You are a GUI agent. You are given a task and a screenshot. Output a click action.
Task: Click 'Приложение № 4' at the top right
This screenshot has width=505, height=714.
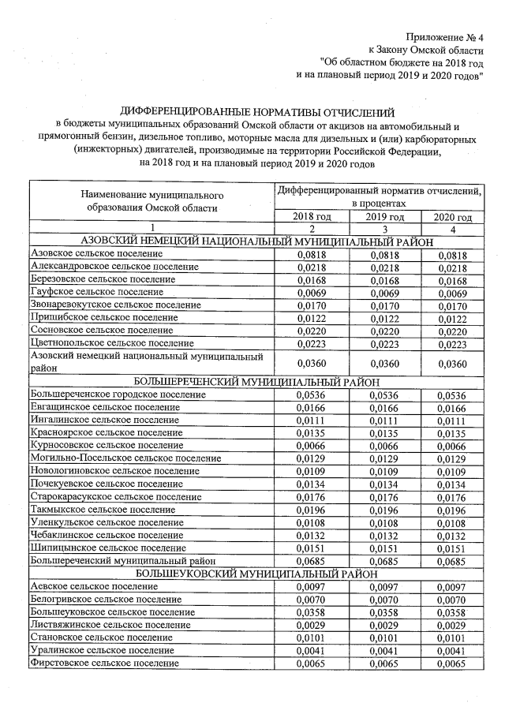pyautogui.click(x=444, y=37)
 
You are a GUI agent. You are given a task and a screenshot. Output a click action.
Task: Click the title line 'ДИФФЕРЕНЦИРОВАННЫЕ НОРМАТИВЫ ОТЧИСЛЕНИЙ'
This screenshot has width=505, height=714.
pyautogui.click(x=256, y=112)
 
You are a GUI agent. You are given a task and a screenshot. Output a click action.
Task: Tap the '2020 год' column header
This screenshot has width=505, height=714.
pyautogui.click(x=453, y=217)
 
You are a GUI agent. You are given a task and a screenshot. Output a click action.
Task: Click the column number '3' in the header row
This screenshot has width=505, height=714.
pyautogui.click(x=384, y=229)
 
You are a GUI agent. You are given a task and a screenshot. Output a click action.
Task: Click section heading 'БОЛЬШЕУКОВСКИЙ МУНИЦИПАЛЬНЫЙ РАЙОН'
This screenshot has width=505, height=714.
pyautogui.click(x=256, y=574)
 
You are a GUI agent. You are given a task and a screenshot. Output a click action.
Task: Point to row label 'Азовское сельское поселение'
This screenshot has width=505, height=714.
pyautogui.click(x=95, y=255)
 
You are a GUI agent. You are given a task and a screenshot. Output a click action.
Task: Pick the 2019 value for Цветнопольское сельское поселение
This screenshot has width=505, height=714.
pyautogui.click(x=384, y=343)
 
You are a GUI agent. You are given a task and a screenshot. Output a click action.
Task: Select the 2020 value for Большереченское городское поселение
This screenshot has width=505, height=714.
pyautogui.click(x=453, y=395)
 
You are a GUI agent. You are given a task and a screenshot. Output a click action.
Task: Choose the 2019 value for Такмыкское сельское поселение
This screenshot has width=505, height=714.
pyautogui.click(x=384, y=509)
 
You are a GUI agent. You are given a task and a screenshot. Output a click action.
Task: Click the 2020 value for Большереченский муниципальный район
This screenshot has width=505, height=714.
pyautogui.click(x=453, y=561)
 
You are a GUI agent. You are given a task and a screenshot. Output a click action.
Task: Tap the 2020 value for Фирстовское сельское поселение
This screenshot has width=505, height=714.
pyautogui.click(x=453, y=664)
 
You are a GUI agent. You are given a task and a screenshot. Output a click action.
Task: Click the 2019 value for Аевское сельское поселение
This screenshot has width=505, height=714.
pyautogui.click(x=384, y=587)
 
